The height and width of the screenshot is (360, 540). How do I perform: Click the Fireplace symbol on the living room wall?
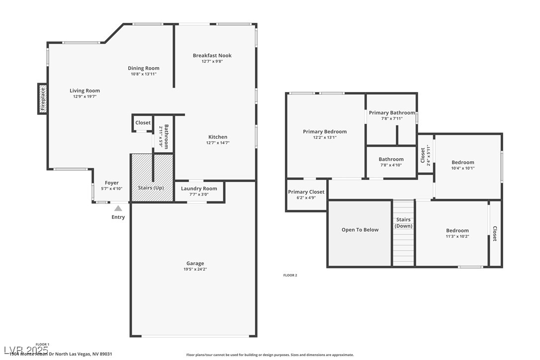click(43, 98)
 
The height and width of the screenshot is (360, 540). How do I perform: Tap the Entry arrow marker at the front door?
click(118, 209)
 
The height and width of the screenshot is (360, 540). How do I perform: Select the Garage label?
click(195, 264)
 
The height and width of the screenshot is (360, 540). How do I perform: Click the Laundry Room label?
click(199, 188)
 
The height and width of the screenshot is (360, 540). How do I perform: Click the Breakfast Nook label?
click(212, 56)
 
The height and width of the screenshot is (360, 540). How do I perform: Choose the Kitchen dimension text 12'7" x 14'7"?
click(218, 143)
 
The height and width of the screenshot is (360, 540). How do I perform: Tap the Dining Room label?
click(143, 68)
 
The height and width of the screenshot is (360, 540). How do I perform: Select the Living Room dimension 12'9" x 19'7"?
click(85, 96)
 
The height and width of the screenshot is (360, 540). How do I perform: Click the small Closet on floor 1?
click(143, 123)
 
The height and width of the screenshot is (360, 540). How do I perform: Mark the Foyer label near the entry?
click(111, 183)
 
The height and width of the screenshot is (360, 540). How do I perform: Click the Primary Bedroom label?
click(325, 132)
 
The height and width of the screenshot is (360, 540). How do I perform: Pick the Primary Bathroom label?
click(392, 113)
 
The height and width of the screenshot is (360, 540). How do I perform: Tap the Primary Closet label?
click(306, 192)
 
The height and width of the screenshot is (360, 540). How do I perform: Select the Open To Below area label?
click(360, 230)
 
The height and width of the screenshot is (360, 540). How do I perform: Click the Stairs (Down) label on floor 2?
click(403, 223)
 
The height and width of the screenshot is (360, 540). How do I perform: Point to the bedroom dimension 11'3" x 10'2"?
click(457, 236)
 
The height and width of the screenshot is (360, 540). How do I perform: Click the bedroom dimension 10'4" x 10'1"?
click(462, 168)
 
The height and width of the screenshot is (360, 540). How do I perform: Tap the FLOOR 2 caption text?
click(290, 275)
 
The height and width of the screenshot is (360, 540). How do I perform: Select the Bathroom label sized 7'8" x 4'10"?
click(391, 160)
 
